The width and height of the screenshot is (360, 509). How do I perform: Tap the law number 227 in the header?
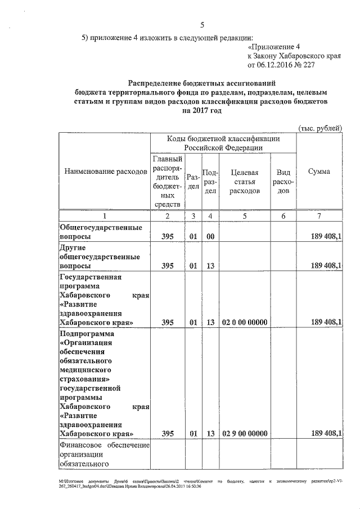[x=320, y=66]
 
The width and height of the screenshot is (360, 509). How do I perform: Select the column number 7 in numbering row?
[x=319, y=216]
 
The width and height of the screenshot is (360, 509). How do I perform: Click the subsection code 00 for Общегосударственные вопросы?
[x=210, y=237]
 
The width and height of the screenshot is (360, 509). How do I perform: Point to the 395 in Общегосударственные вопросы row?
[x=167, y=237]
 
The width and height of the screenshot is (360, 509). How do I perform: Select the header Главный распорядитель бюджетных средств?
[x=167, y=181]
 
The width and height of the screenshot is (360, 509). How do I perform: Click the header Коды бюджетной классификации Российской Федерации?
[x=223, y=143]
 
